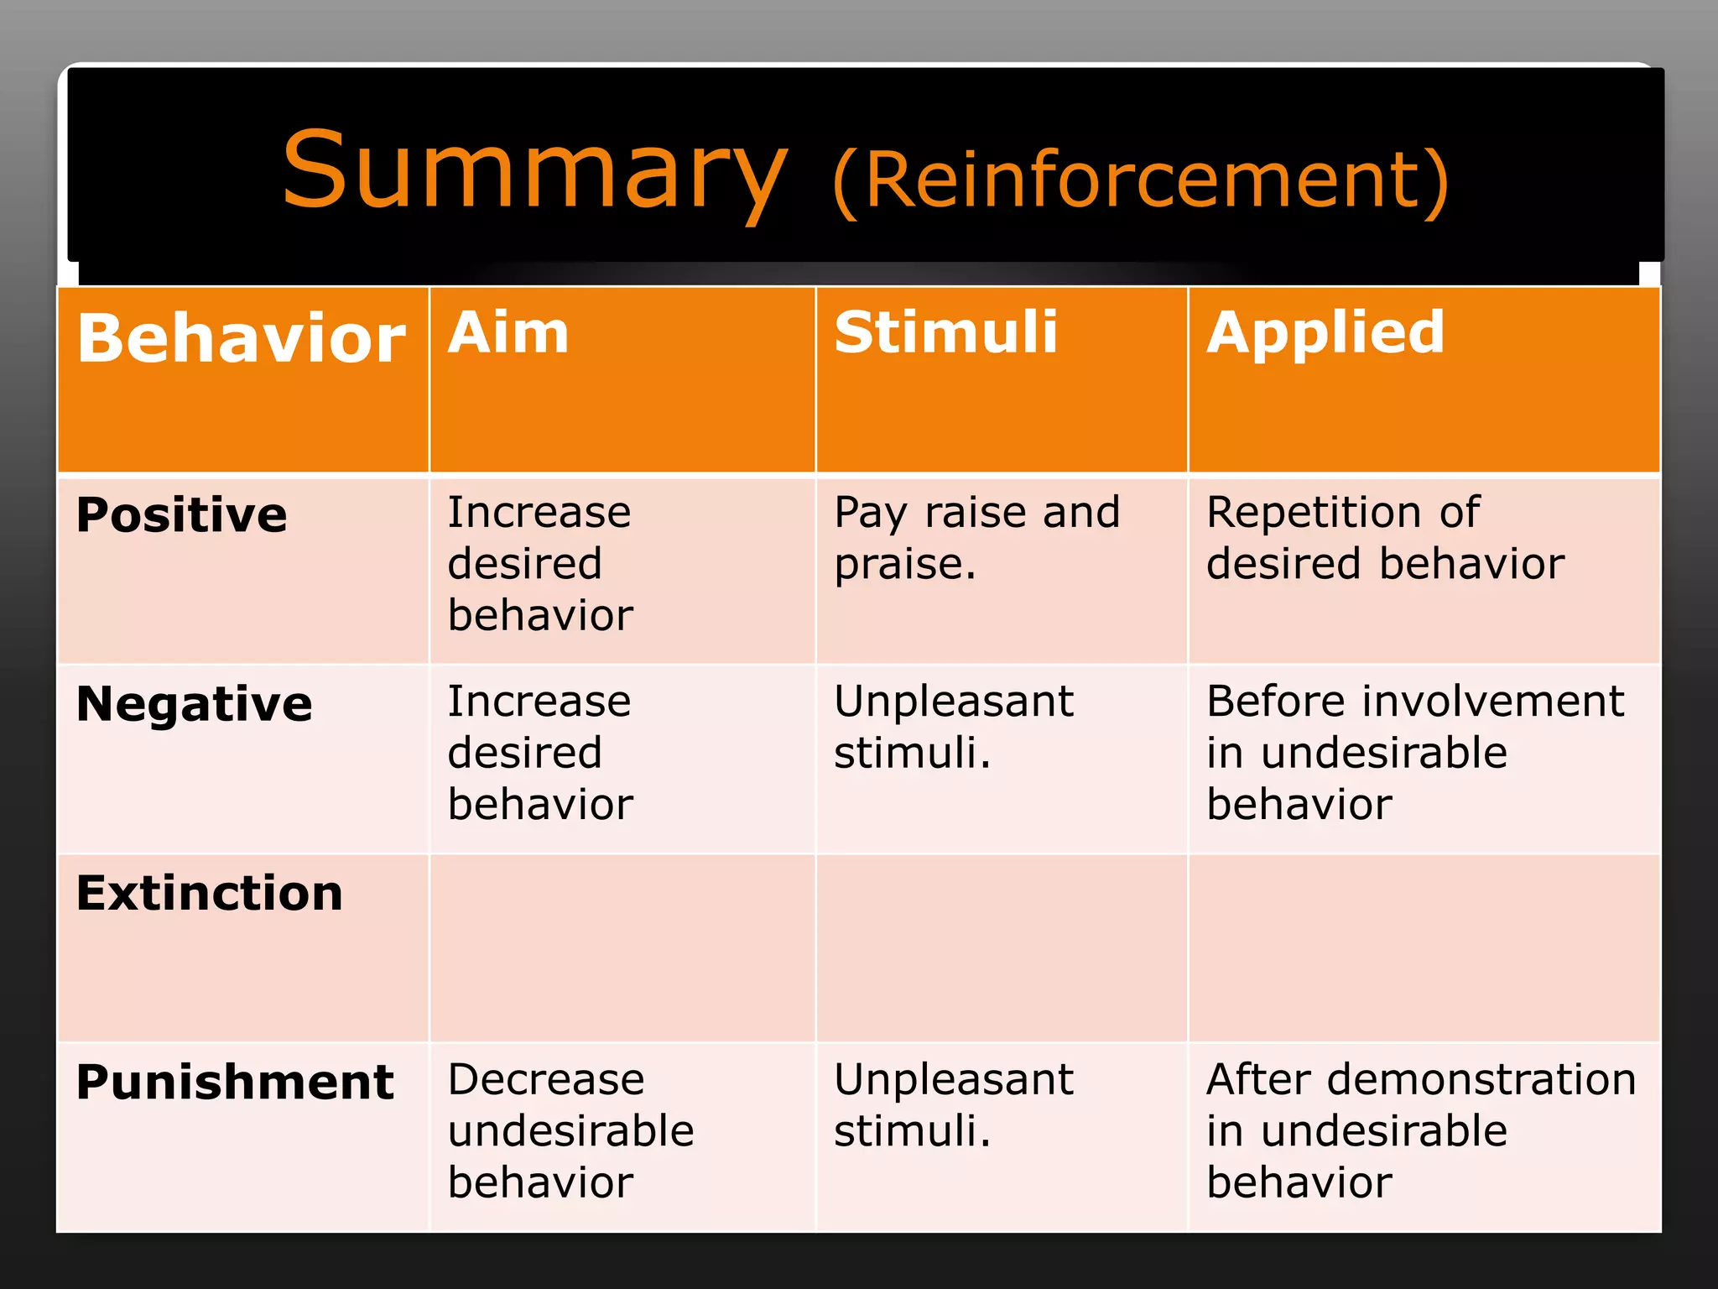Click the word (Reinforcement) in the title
pyautogui.click(x=1141, y=180)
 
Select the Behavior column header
pyautogui.click(x=242, y=338)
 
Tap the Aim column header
pyautogui.click(x=508, y=332)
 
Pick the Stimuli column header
pyautogui.click(x=945, y=332)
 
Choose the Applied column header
pyautogui.click(x=1325, y=332)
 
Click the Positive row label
pyautogui.click(x=182, y=514)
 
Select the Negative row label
pyautogui.click(x=195, y=703)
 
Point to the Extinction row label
pyautogui.click(x=210, y=892)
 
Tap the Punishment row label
pyautogui.click(x=235, y=1082)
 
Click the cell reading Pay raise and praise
pyautogui.click(x=977, y=538)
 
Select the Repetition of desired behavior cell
pyautogui.click(x=1385, y=538)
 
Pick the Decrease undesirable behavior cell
pyautogui.click(x=570, y=1130)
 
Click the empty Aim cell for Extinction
pyautogui.click(x=622, y=948)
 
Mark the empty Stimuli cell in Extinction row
pyautogui.click(x=1002, y=948)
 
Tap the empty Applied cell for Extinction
pyautogui.click(x=1424, y=948)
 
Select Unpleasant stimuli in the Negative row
pyautogui.click(x=954, y=727)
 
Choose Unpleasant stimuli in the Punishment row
pyautogui.click(x=954, y=1105)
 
